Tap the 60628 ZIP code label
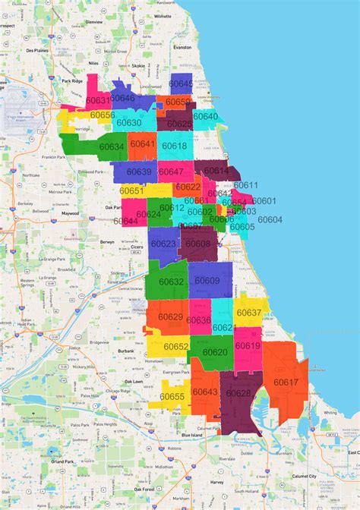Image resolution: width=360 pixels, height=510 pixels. [238, 393]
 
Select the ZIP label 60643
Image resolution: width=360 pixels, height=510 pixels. [205, 392]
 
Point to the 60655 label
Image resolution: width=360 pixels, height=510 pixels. [172, 397]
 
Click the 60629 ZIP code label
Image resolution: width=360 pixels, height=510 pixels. [170, 316]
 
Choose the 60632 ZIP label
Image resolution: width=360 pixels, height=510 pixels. [172, 282]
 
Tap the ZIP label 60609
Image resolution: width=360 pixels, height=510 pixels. [207, 281]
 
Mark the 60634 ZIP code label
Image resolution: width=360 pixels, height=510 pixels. [112, 146]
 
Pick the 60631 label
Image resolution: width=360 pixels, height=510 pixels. [98, 99]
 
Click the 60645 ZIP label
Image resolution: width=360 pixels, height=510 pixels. [181, 83]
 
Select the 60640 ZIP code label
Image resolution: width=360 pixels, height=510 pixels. [205, 116]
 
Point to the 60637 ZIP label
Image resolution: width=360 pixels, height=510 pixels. [249, 312]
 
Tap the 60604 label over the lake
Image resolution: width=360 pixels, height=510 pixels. [270, 219]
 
